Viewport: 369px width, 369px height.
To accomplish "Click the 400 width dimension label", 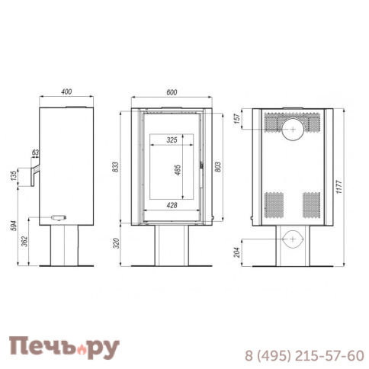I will [66, 92].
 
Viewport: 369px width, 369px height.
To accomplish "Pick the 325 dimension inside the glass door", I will [172, 140].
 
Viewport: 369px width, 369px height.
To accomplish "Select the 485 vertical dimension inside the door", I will [177, 172].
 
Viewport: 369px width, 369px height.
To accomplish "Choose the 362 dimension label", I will [27, 242].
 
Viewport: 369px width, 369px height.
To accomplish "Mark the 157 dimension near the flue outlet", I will [245, 120].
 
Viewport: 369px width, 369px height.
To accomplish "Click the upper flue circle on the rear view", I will [293, 129].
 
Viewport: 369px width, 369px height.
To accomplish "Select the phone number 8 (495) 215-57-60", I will [303, 356].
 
